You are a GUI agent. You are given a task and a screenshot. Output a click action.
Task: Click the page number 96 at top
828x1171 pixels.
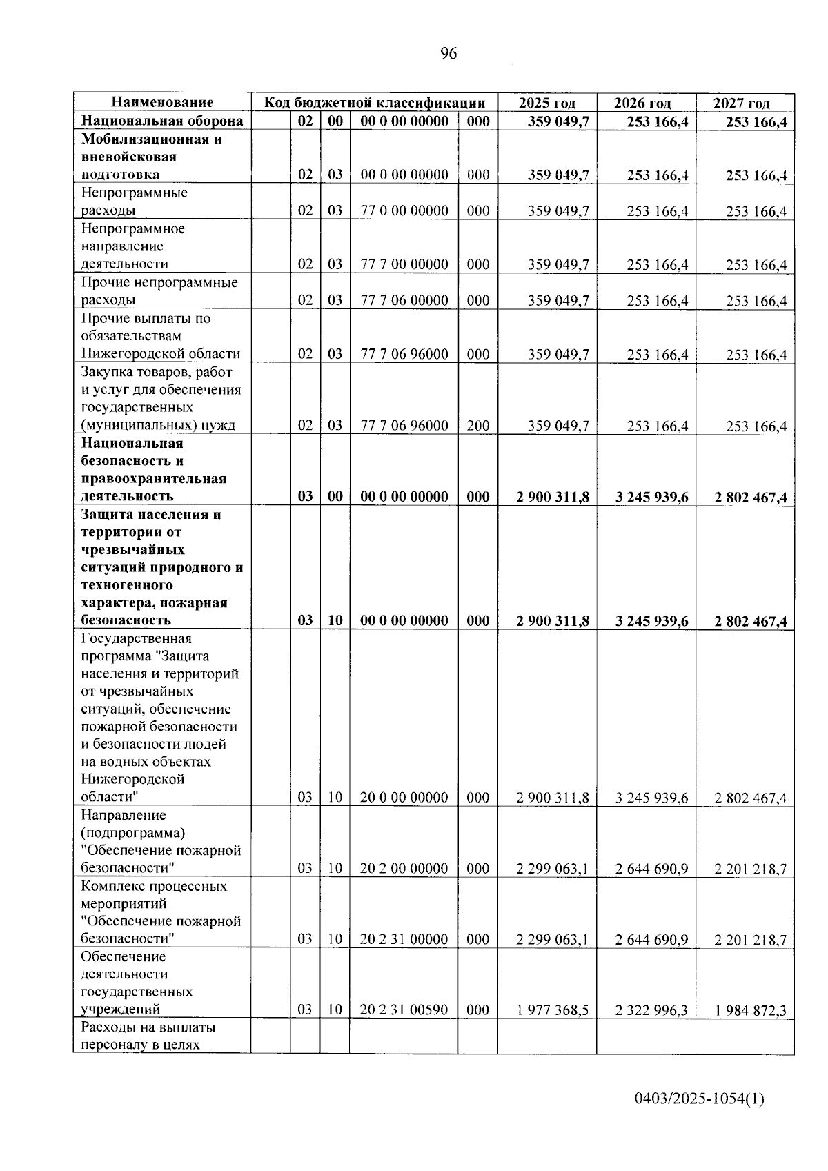coord(448,54)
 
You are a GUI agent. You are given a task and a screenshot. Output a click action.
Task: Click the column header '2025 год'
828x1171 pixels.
coord(546,103)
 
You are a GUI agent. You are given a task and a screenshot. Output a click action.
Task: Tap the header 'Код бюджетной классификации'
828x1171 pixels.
coord(375,103)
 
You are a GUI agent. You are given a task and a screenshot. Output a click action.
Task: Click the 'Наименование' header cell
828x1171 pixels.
coord(162,102)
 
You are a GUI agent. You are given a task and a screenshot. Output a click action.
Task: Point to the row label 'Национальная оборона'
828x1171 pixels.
coord(162,121)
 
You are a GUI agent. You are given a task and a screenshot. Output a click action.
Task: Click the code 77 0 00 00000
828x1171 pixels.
coord(404,210)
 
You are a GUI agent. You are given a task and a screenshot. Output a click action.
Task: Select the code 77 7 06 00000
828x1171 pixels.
coord(404,300)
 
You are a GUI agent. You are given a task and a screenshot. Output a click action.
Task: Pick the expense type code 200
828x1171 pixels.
coord(477,426)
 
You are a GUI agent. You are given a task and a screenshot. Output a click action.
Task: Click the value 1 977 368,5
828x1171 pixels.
coord(552,1010)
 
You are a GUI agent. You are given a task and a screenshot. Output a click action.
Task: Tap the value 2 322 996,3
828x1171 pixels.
coord(651,1010)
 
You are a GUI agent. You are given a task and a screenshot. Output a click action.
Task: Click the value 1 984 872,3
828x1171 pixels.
coord(750,1010)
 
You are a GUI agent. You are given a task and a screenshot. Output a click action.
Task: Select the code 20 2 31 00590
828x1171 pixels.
coord(404,1010)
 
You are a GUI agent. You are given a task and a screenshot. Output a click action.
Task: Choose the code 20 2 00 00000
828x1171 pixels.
coord(404,868)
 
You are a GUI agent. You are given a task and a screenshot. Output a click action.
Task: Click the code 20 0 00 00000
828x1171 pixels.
coord(404,798)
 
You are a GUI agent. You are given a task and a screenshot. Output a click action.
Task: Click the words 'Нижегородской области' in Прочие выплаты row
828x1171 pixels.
coord(160,354)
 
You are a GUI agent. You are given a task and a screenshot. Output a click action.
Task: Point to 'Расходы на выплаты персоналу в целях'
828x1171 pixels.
coord(148,1036)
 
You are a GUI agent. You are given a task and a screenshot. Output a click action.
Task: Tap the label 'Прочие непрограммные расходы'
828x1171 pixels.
coord(159,291)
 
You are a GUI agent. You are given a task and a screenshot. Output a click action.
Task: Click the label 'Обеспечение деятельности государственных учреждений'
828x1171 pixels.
coord(137,983)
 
